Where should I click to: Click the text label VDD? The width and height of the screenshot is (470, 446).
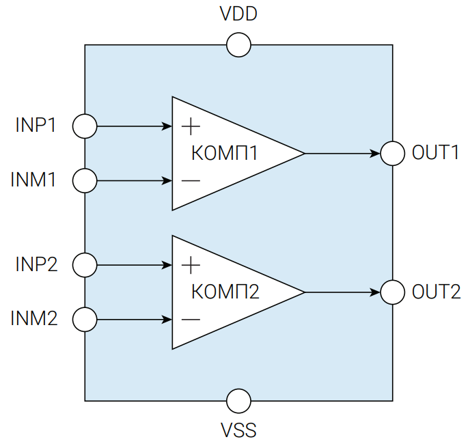pos(238,14)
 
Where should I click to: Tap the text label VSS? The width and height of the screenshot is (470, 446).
pos(238,430)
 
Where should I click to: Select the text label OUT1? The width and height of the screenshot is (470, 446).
pos(435,152)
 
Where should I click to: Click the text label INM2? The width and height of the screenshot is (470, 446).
pos(34,318)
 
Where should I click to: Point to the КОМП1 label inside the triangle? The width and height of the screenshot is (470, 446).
pos(225,153)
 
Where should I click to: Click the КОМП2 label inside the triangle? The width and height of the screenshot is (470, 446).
pos(225,292)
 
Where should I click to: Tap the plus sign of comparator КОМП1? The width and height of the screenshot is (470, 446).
pos(191,126)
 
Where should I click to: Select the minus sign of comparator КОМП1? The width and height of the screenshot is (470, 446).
pos(191,181)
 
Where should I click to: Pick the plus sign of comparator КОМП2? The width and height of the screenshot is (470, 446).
pos(191,265)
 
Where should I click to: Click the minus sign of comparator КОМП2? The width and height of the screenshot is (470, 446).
pos(191,320)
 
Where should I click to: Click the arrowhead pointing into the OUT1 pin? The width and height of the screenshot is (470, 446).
pos(375,154)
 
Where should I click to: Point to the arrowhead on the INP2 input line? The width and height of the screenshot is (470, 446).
pos(167,265)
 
